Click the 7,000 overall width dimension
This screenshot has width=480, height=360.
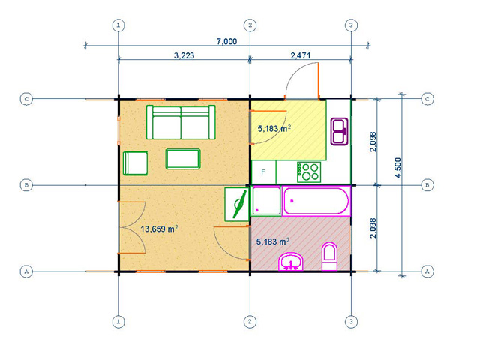coord(226,41)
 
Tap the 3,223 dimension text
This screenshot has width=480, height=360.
coord(184,55)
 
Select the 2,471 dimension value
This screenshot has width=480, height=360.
coord(300,55)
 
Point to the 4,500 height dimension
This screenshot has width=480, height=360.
coord(397,168)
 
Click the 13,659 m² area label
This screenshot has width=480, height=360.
coord(159,229)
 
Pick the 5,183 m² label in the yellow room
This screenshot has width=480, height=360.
coord(274,128)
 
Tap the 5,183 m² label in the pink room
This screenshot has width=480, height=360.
coord(273,241)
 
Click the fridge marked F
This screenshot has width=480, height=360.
coord(263,172)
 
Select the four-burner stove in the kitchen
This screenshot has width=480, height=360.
coord(309,172)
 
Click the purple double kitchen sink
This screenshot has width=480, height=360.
coord(340,132)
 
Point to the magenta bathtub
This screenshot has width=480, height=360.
coord(316,201)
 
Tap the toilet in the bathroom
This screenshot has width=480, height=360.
coord(330,256)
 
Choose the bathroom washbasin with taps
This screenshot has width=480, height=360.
coord(291,262)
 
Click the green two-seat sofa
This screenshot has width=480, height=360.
coord(181,122)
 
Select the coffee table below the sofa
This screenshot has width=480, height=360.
coord(183,159)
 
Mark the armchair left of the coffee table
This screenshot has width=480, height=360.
coord(135,163)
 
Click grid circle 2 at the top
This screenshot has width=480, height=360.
coord(250,25)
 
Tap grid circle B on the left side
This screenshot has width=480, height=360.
coord(26,185)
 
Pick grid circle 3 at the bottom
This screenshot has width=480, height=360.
coord(351,322)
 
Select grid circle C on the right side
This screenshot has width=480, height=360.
coord(427,99)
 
